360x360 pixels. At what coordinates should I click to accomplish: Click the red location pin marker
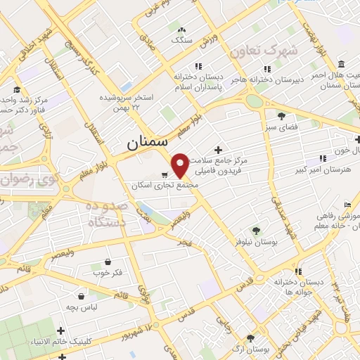click(x=181, y=165)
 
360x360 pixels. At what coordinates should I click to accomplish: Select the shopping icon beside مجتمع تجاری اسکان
click(x=165, y=174)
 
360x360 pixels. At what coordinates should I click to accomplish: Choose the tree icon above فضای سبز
click(x=282, y=116)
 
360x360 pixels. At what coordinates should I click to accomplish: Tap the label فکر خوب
click(x=107, y=271)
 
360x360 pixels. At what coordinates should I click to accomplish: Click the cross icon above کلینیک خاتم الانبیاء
click(x=61, y=330)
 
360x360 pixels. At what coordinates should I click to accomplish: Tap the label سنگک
click(x=181, y=41)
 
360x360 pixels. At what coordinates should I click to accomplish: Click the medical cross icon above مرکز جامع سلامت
click(x=219, y=150)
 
